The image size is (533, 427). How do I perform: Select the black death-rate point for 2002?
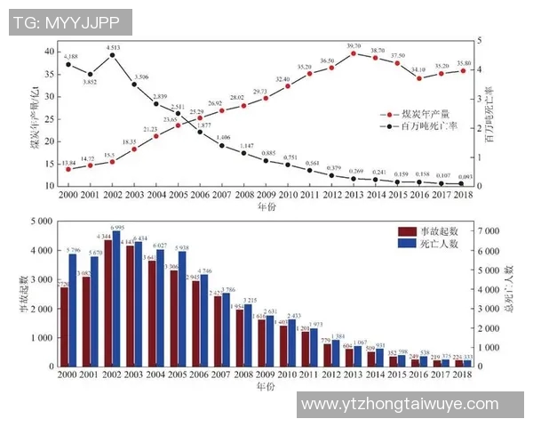tap(112, 55)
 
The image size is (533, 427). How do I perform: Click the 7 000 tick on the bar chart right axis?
tap(489, 230)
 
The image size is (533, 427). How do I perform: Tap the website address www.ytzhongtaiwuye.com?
tap(400, 404)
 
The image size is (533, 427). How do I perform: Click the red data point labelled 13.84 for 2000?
tap(68, 168)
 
